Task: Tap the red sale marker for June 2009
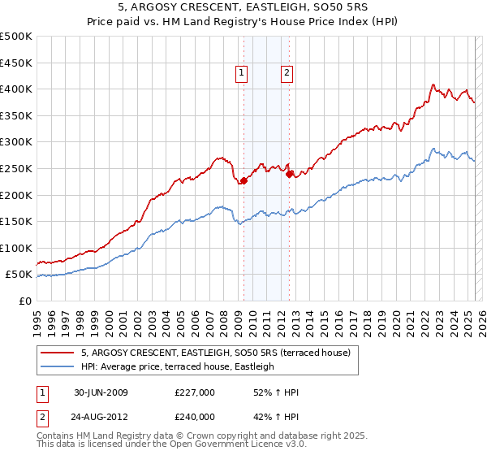pyautogui.click(x=243, y=180)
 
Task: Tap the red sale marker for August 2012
pyautogui.click(x=289, y=173)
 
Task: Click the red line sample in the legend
pyautogui.click(x=57, y=353)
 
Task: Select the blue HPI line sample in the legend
pyautogui.click(x=57, y=366)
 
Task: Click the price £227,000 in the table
pyautogui.click(x=195, y=392)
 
